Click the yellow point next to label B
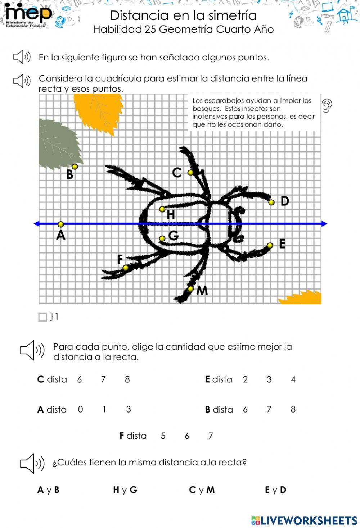75,167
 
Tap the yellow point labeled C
191,172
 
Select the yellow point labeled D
271,202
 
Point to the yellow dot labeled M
191,288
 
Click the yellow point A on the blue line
61,224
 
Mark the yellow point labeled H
162,209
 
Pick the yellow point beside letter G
162,238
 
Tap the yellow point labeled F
126,268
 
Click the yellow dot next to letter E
270,246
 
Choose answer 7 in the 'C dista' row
103,379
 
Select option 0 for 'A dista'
80,409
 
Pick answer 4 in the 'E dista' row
293,379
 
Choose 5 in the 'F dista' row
163,436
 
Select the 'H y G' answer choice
125,490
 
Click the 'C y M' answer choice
202,490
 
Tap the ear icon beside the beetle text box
327,105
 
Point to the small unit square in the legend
43,317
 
